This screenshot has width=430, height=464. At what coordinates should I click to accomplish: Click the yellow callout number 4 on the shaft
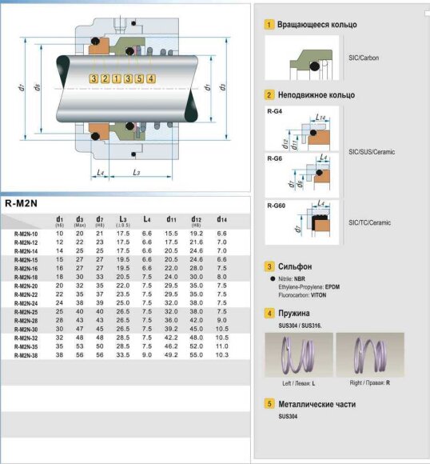pos(151,78)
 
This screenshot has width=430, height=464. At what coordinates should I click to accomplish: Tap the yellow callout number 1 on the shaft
pos(117,78)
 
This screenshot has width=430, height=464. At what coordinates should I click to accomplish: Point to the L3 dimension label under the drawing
pos(137,172)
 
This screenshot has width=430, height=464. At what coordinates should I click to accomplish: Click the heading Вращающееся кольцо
pos(317,25)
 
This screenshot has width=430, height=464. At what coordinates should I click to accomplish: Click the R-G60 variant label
pos(277,206)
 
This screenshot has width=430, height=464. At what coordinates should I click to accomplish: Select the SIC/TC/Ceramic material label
pos(371,222)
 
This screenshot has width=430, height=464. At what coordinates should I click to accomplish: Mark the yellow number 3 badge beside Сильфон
pos(270,266)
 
